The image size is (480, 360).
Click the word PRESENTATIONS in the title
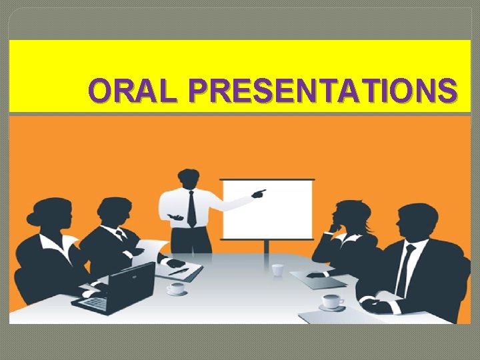323,91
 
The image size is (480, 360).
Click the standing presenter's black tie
191,208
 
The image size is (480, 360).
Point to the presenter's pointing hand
259,194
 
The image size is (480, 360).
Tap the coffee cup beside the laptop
176,289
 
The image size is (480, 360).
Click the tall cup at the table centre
277,269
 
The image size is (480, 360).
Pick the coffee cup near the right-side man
331,302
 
